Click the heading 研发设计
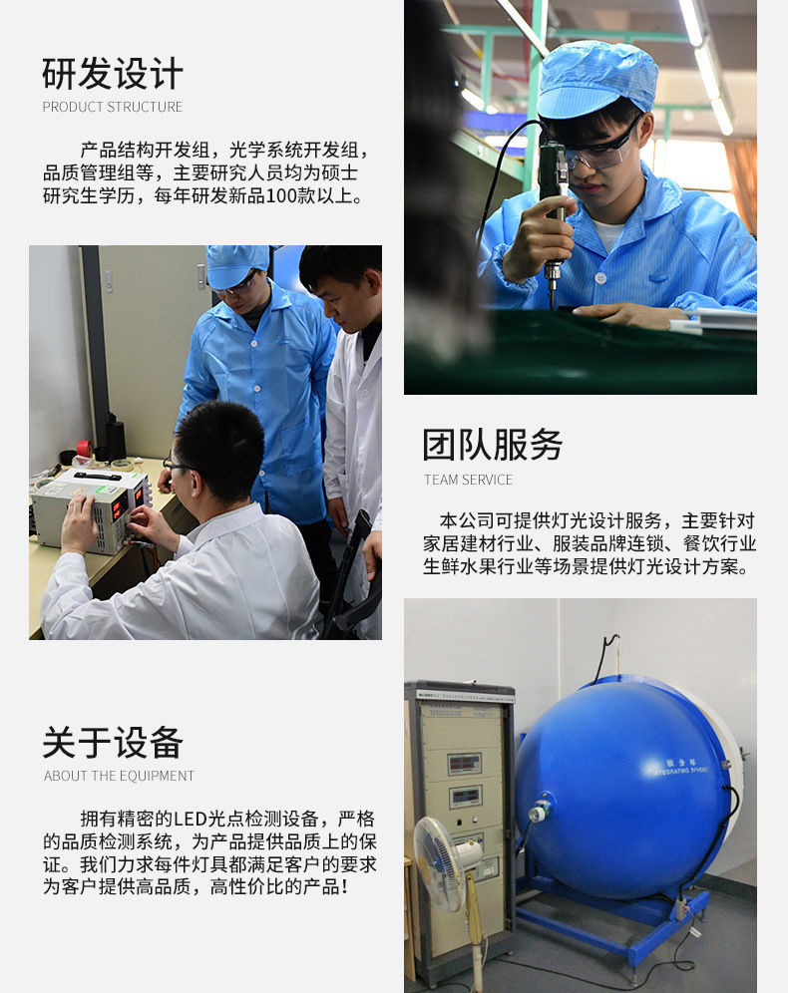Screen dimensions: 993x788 (x=113, y=74)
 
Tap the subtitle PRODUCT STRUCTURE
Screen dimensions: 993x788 (x=113, y=107)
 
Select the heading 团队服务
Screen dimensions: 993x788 (x=493, y=445)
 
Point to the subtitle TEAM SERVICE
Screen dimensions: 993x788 (x=469, y=480)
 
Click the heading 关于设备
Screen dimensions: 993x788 (x=113, y=743)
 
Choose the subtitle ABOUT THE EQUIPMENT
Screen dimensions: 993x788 (x=119, y=776)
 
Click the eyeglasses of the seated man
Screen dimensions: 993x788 (x=178, y=466)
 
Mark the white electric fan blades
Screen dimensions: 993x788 (x=439, y=861)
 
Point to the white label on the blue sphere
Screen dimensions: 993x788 (x=682, y=766)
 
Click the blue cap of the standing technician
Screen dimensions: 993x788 (x=236, y=265)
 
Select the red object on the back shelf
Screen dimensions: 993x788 (x=84, y=448)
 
